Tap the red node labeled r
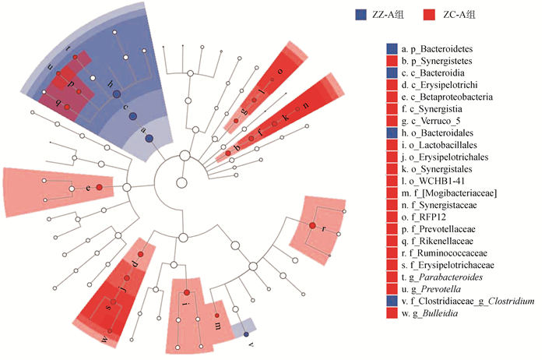[312, 226]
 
